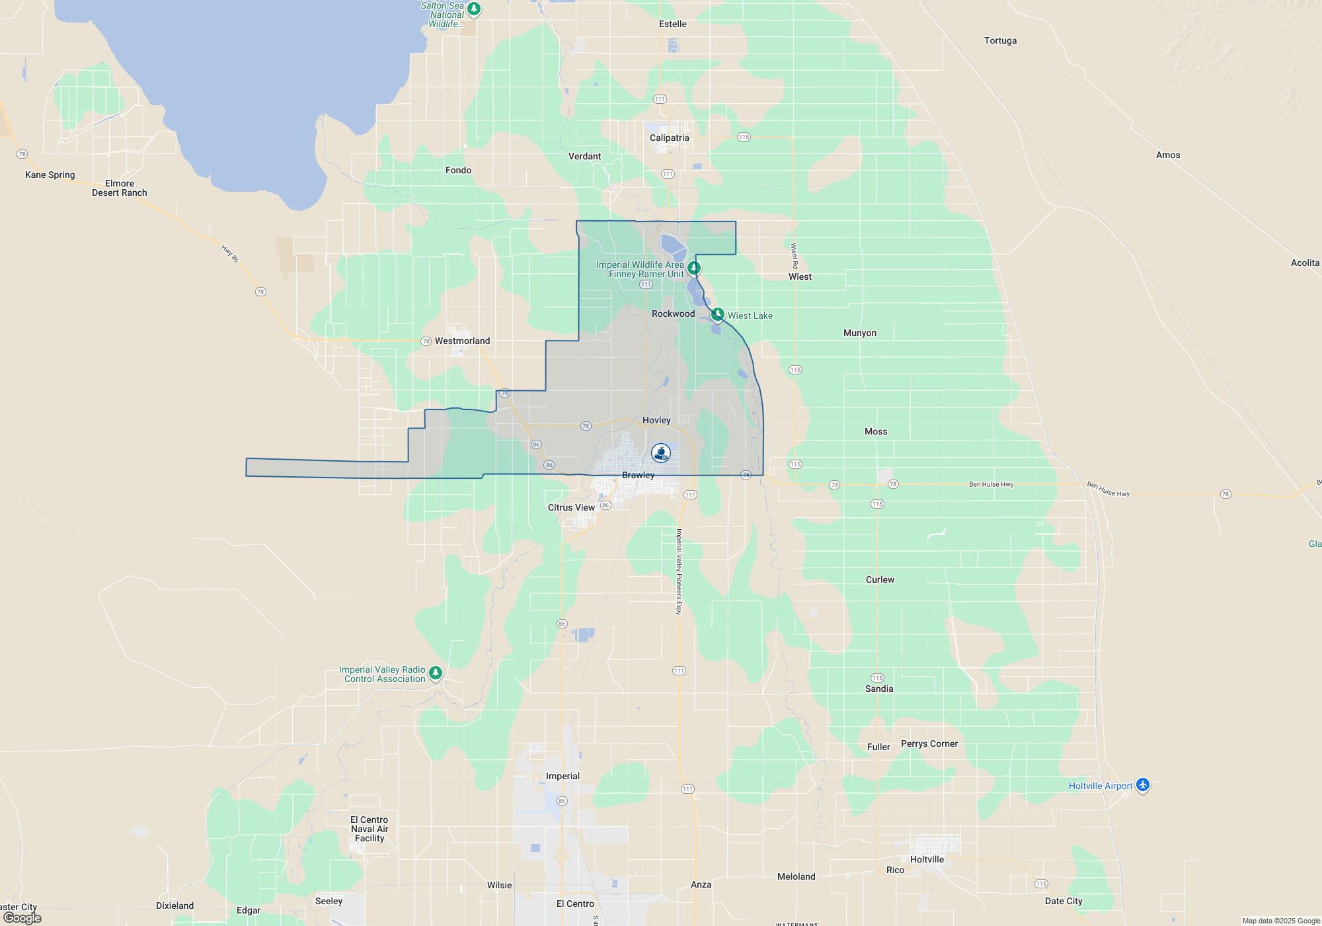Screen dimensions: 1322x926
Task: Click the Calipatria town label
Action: point(669,138)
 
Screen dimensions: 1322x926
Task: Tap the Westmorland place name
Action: point(462,341)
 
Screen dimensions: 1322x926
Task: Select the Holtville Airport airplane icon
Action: point(1143,785)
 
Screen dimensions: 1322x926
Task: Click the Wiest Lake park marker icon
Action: point(717,314)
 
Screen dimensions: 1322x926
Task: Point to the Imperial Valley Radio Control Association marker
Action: point(435,673)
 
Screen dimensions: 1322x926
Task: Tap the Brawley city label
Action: point(638,475)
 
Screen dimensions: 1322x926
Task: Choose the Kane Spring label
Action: point(50,175)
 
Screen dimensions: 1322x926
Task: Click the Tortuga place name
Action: point(1000,40)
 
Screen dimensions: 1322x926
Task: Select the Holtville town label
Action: point(927,859)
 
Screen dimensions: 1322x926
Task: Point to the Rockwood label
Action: point(673,314)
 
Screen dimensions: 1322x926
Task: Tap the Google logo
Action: point(22,918)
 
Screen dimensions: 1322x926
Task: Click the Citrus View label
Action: point(571,507)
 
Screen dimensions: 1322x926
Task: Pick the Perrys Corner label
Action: point(929,743)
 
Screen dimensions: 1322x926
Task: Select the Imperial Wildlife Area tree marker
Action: point(693,268)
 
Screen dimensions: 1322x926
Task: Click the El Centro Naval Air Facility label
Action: point(369,829)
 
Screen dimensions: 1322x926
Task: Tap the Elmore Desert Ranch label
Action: point(120,188)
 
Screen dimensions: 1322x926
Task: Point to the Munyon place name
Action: point(859,333)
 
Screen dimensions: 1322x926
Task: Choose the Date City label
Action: point(1064,901)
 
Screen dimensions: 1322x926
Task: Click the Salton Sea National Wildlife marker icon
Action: point(473,9)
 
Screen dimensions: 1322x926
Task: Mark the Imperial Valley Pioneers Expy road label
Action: point(678,571)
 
